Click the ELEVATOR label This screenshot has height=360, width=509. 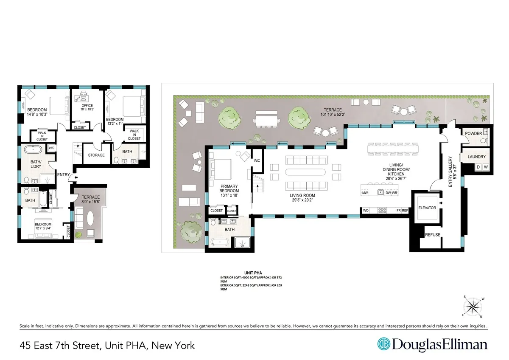(x=427, y=208)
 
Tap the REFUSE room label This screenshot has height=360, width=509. (x=433, y=235)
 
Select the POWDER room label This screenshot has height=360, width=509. (x=473, y=133)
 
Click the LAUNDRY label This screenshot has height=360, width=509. (x=476, y=157)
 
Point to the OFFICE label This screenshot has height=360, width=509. (x=87, y=106)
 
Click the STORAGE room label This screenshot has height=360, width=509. (x=96, y=155)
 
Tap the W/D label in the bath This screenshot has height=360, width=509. (x=52, y=148)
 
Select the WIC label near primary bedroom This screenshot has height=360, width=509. (x=257, y=161)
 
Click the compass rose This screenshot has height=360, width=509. (x=473, y=306)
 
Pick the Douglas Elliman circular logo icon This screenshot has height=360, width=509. (x=384, y=344)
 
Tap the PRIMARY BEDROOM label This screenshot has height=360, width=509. (x=229, y=188)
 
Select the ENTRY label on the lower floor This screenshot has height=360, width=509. (x=64, y=174)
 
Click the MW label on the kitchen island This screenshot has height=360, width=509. (x=365, y=193)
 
